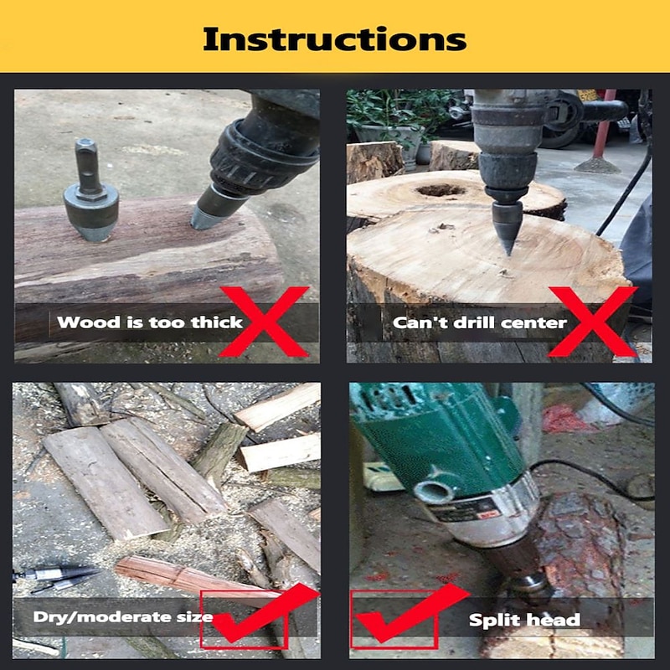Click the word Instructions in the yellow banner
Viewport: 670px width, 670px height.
point(334,39)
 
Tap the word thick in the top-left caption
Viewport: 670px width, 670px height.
point(217,322)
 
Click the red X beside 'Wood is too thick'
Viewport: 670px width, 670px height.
point(264,322)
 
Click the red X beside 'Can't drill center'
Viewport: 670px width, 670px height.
point(593,322)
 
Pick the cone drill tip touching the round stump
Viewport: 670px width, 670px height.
point(508,228)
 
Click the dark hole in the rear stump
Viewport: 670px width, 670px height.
point(441,190)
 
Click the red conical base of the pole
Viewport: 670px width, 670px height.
point(597,165)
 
